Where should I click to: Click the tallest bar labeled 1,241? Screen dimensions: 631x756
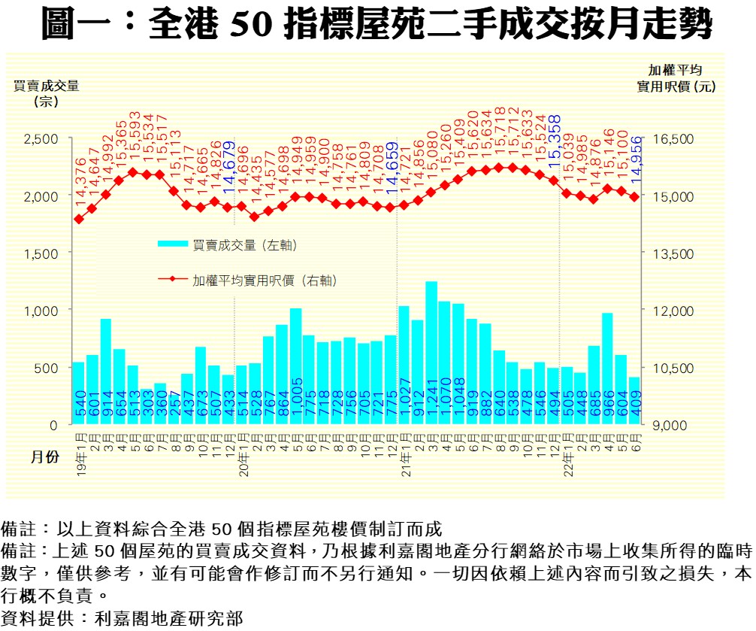431,353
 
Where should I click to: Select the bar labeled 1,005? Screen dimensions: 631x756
295,366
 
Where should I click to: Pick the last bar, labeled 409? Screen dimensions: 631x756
634,401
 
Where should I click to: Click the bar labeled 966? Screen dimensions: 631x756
607,369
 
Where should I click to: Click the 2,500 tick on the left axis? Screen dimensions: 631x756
42,139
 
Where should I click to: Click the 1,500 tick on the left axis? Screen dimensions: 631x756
42,253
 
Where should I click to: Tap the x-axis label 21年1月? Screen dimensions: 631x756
404,451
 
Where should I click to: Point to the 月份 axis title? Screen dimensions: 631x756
43,457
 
